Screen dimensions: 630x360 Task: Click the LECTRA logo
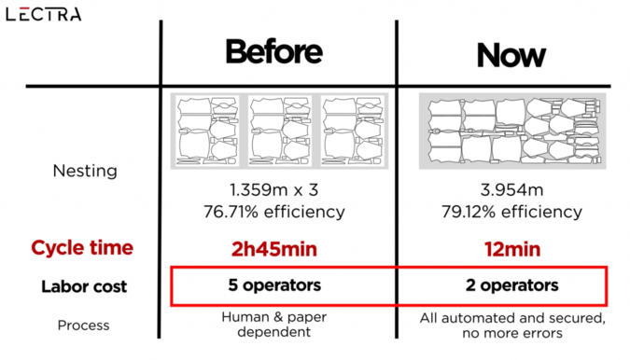pyautogui.click(x=43, y=14)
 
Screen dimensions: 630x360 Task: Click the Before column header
pyautogui.click(x=274, y=51)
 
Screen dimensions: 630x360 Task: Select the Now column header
pyautogui.click(x=511, y=55)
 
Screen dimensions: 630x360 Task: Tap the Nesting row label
pyautogui.click(x=85, y=171)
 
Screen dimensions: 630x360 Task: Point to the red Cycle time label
pyautogui.click(x=82, y=248)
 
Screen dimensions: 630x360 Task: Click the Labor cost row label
pyautogui.click(x=84, y=286)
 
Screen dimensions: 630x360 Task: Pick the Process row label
pyautogui.click(x=83, y=325)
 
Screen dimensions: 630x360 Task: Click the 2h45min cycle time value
pyautogui.click(x=274, y=249)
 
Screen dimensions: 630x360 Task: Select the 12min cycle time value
pyautogui.click(x=512, y=249)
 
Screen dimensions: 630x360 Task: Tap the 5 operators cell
pyautogui.click(x=274, y=285)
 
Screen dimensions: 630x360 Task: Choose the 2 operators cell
pyautogui.click(x=511, y=285)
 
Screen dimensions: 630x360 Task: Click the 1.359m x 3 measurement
pyautogui.click(x=273, y=190)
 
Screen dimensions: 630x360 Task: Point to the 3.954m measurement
pyautogui.click(x=511, y=190)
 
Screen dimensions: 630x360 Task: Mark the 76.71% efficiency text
pyautogui.click(x=274, y=212)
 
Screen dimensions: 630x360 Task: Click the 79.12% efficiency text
pyautogui.click(x=511, y=212)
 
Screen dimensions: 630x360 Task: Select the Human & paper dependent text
pyautogui.click(x=274, y=325)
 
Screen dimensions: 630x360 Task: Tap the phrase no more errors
pyautogui.click(x=512, y=333)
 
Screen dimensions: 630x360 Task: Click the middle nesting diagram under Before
pyautogui.click(x=280, y=131)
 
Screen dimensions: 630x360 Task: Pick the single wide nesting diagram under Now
pyautogui.click(x=512, y=131)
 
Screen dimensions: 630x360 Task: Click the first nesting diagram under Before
pyautogui.click(x=207, y=131)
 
